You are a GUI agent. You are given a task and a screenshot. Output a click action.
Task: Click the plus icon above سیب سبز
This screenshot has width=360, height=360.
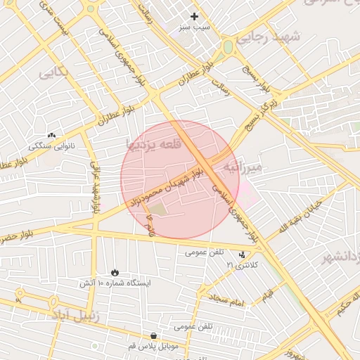click(x=194, y=15)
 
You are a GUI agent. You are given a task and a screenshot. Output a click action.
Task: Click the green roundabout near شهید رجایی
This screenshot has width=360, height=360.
click(x=228, y=48)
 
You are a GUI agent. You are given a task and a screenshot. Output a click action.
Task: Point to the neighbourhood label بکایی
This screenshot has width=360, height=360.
click(x=53, y=72)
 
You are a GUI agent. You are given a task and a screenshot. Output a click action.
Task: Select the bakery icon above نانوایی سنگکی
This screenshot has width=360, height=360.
click(x=51, y=135)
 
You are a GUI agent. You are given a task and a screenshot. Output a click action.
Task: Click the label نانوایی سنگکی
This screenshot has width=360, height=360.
click(x=51, y=146)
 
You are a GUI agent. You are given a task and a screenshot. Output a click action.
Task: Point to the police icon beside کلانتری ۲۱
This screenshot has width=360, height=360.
click(x=243, y=255)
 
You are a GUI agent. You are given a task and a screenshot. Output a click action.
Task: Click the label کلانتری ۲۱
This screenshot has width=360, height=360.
click(x=242, y=265)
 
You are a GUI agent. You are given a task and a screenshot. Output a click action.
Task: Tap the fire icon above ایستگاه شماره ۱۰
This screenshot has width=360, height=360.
click(x=115, y=272)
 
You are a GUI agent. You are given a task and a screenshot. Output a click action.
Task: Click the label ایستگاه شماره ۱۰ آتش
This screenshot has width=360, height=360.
click(x=115, y=283)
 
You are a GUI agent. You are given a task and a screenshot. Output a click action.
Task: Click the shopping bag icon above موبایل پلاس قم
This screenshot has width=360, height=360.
click(x=154, y=335)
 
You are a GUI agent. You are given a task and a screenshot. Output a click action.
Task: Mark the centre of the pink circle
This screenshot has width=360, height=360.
click(x=180, y=179)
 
